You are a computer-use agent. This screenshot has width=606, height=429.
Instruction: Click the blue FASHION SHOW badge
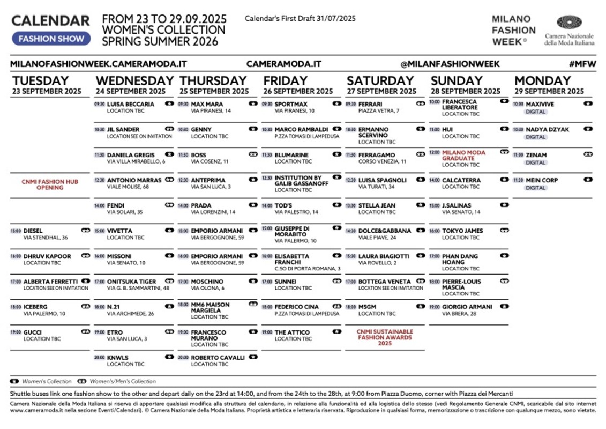51,39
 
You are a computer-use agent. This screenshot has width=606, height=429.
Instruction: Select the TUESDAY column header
41,80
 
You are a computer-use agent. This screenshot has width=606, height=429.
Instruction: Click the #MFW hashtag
582,64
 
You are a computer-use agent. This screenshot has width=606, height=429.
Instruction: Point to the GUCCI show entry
33,332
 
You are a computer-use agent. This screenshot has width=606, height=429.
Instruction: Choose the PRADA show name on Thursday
201,205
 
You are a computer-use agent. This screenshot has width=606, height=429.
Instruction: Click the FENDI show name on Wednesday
116,205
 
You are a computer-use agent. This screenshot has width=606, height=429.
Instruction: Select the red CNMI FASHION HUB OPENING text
50,184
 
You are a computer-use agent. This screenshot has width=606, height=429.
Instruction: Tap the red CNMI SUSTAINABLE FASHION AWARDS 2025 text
385,337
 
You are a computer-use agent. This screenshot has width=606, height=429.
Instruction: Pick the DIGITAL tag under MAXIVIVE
535,112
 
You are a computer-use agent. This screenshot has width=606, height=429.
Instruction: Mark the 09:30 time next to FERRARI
350,104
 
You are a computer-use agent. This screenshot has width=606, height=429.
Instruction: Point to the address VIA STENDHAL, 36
46,238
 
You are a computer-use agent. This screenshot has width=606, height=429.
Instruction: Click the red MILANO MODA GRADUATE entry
464,156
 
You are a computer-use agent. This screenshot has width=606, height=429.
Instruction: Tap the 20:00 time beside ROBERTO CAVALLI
183,358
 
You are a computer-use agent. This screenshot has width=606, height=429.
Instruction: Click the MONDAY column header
542,80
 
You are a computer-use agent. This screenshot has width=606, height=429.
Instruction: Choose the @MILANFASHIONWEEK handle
450,64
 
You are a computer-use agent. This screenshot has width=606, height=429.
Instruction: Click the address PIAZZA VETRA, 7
379,111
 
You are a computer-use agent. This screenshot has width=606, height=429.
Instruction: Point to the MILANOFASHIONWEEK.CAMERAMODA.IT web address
99,64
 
